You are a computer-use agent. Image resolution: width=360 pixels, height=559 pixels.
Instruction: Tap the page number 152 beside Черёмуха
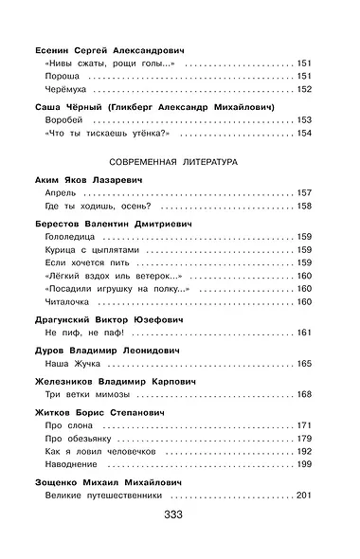(x=304, y=89)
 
